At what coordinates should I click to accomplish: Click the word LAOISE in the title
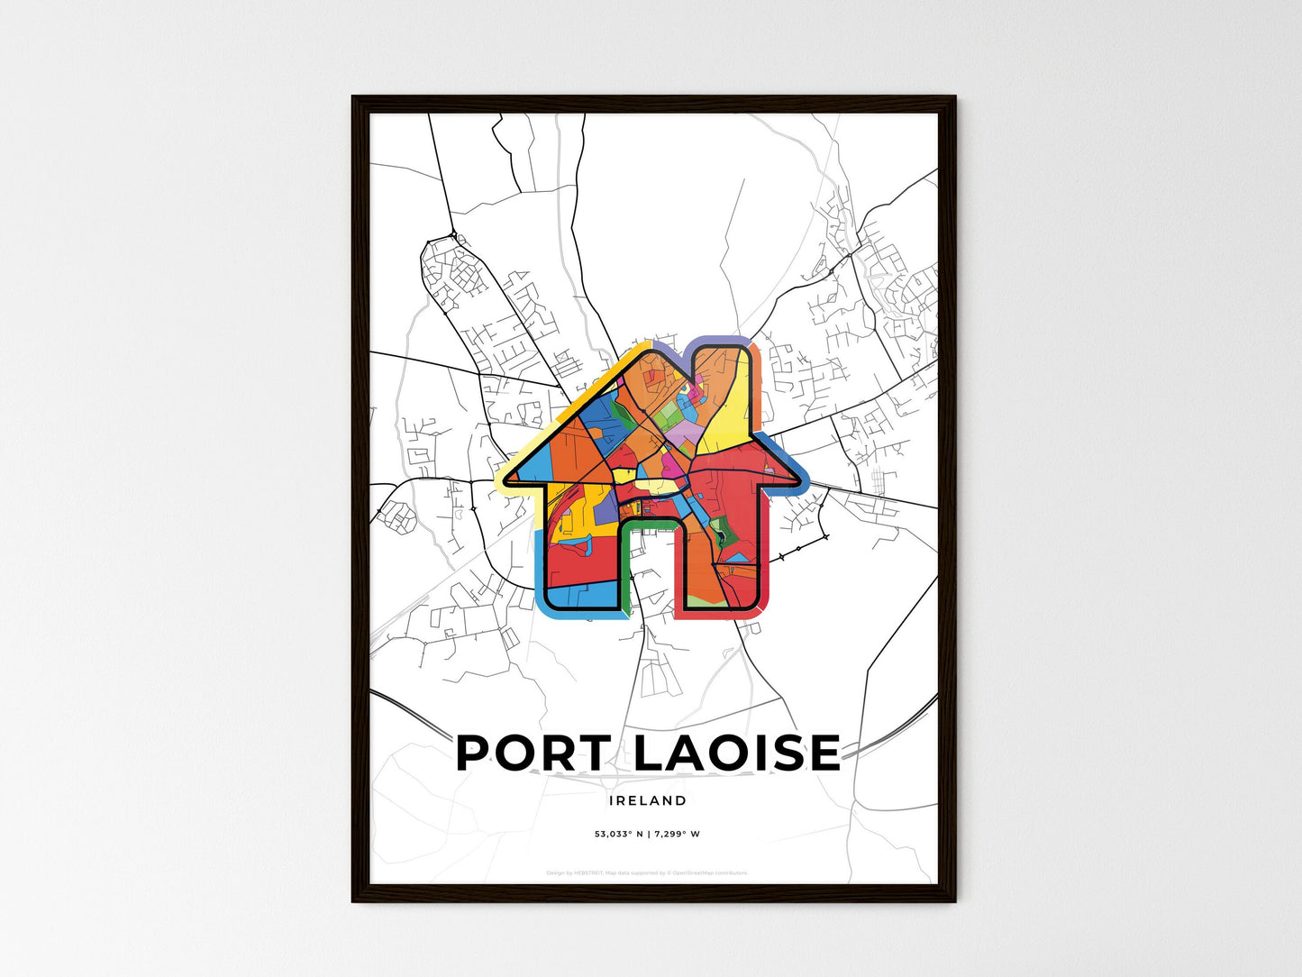click(x=736, y=753)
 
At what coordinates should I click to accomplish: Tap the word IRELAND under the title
click(x=647, y=800)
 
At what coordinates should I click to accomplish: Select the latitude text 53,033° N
click(x=617, y=834)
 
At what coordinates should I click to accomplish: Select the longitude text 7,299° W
click(x=676, y=834)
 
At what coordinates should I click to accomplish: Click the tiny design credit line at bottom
click(x=647, y=872)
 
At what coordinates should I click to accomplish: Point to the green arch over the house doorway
click(x=651, y=523)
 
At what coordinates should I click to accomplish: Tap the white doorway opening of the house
click(x=651, y=577)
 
